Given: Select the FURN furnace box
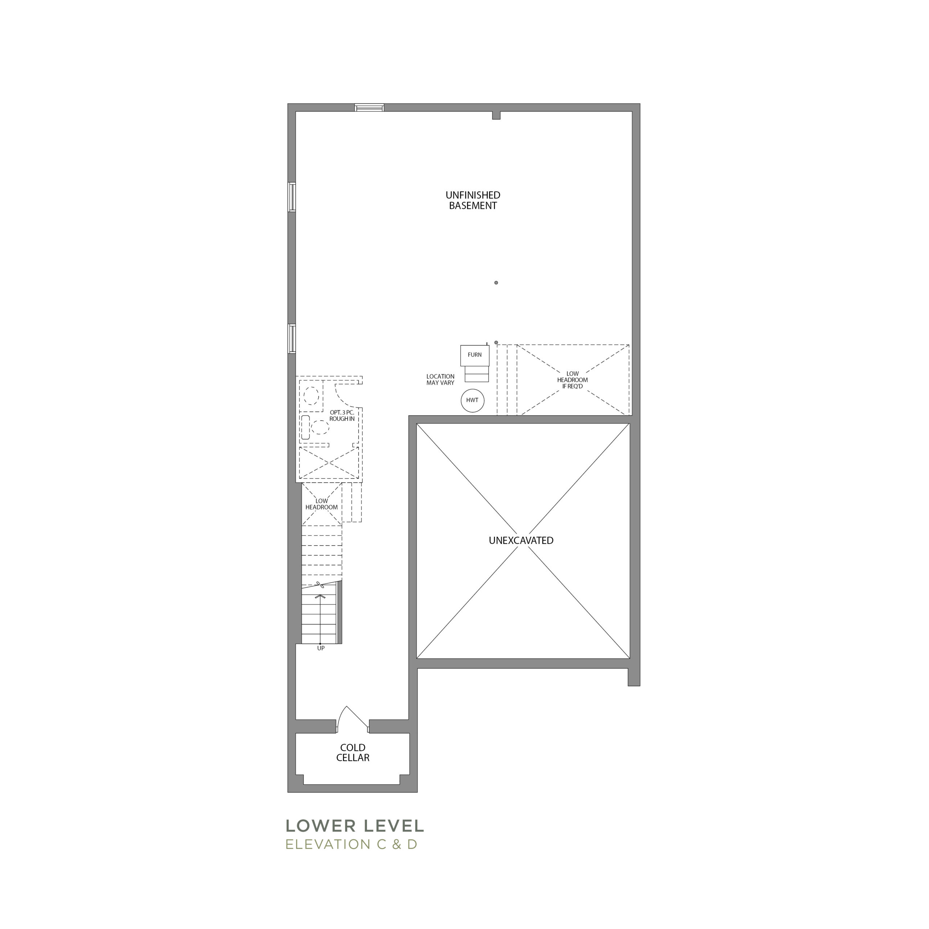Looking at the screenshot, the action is click(x=475, y=355).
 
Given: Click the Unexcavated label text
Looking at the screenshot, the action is click(x=521, y=540).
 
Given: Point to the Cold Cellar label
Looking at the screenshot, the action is click(x=353, y=753).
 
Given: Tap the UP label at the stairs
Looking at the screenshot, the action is click(x=321, y=648).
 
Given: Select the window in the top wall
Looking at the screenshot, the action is click(x=369, y=107).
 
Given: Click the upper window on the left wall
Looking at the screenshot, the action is click(x=292, y=197).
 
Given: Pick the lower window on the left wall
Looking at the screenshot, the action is click(x=292, y=339).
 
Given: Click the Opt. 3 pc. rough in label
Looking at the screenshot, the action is click(x=342, y=416).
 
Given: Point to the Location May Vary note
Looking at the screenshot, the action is click(x=440, y=379).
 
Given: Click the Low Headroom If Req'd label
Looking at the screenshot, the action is click(x=572, y=380).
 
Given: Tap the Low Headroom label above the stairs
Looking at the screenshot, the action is click(x=322, y=504).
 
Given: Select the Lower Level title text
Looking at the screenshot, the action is click(x=355, y=826).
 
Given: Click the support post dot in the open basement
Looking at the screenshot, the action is click(x=496, y=283).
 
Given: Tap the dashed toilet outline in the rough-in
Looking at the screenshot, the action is click(x=312, y=396).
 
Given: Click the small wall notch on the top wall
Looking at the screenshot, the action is click(x=496, y=115).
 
